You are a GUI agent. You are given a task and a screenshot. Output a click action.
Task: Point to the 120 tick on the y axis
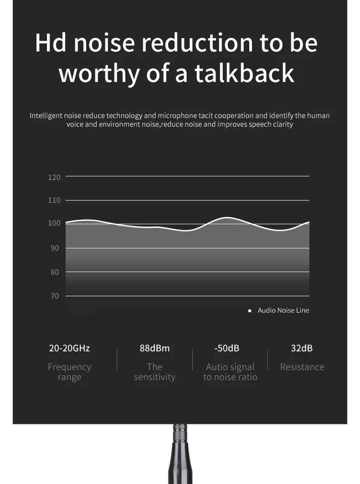54,177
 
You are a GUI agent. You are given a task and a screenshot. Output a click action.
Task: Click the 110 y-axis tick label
54,200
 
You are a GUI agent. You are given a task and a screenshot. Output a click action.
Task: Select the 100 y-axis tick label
54,223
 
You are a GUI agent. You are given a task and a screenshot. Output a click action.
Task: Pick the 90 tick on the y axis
56,248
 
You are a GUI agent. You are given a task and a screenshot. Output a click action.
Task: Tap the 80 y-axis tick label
56,272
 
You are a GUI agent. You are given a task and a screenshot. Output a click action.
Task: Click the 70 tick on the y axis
56,296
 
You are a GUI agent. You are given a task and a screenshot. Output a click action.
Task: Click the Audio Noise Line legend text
283,310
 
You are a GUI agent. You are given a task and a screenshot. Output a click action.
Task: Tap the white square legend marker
250,311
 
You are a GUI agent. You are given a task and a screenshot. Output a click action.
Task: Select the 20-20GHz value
69,348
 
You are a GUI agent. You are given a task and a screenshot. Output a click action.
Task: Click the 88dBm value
154,348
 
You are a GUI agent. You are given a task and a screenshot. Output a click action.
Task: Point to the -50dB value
226,348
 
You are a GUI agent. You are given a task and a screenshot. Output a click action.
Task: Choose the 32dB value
301,348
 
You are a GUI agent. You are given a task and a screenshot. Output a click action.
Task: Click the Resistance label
302,367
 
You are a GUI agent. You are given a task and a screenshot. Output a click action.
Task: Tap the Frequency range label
69,372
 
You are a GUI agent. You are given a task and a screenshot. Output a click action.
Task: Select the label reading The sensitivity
154,372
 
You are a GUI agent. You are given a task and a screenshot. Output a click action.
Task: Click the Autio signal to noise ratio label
230,372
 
